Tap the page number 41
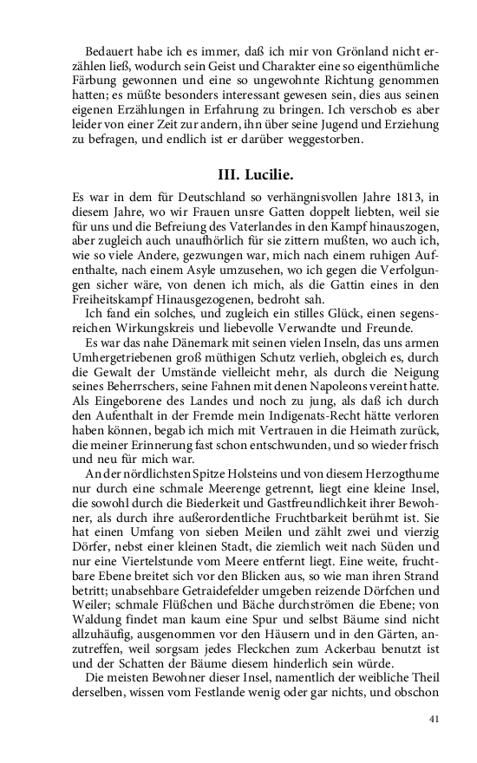435,719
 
